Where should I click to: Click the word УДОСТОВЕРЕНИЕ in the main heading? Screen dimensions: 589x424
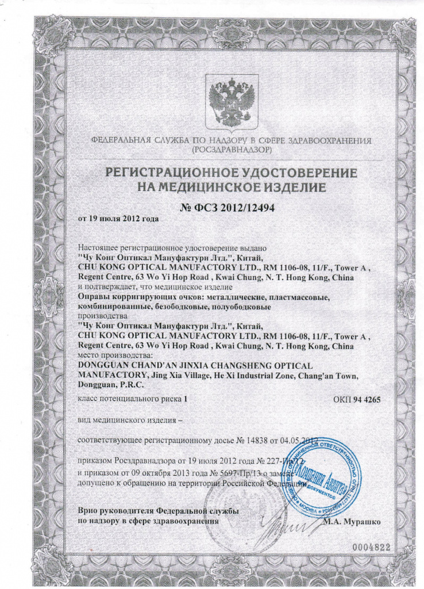[x=292, y=173]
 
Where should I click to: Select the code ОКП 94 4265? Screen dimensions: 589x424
[x=356, y=399]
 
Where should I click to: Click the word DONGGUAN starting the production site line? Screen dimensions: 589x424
[x=102, y=365]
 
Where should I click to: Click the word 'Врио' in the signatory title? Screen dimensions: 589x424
[x=88, y=511]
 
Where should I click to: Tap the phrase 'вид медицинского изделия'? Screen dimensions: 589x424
[x=127, y=420]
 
